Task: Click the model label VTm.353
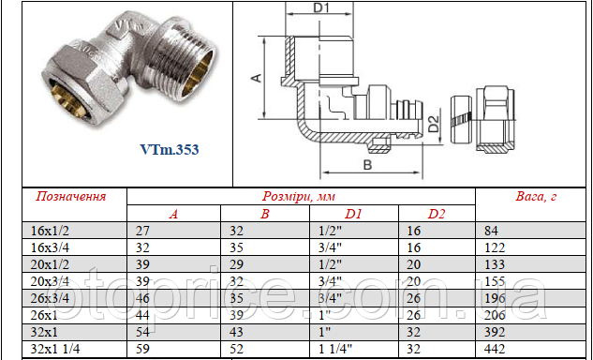tap(170, 148)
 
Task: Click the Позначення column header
tap(70, 197)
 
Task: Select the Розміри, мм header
tap(300, 197)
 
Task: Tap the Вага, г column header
tap(537, 197)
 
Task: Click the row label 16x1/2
tap(52, 231)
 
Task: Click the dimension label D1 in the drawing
tap(323, 9)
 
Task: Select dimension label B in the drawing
tap(366, 165)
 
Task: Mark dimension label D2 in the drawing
tap(433, 123)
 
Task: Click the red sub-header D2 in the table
tap(437, 215)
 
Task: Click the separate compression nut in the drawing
tap(494, 122)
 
